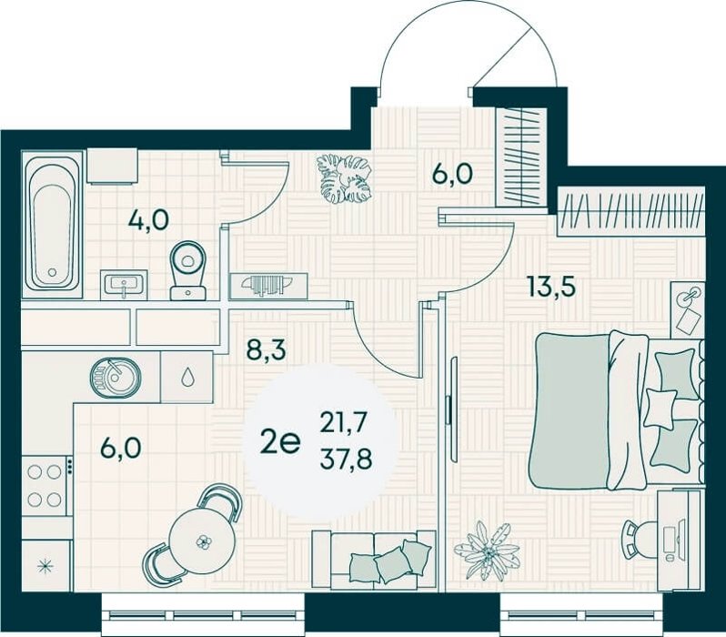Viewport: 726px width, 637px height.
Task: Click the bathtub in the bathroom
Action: pyautogui.click(x=53, y=224)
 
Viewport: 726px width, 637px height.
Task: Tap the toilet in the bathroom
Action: pyautogui.click(x=188, y=270)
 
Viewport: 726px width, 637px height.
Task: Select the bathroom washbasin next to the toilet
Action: pyautogui.click(x=124, y=284)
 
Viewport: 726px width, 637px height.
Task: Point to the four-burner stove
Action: pyautogui.click(x=45, y=486)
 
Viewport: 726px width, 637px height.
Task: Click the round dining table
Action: pyautogui.click(x=203, y=541)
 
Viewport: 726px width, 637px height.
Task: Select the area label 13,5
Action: pyautogui.click(x=550, y=287)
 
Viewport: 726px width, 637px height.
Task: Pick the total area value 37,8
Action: pyautogui.click(x=346, y=460)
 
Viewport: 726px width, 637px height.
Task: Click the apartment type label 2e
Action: pyautogui.click(x=280, y=441)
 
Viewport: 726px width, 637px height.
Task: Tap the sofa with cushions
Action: pyautogui.click(x=374, y=560)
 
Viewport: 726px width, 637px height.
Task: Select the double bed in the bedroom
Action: pyautogui.click(x=618, y=411)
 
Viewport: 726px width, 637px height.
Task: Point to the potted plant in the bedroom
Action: pyautogui.click(x=488, y=551)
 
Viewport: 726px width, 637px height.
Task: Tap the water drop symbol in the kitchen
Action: pyautogui.click(x=187, y=377)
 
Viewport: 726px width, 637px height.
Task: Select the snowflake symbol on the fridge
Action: pyautogui.click(x=45, y=565)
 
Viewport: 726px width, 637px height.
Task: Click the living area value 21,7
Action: pyautogui.click(x=344, y=422)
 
